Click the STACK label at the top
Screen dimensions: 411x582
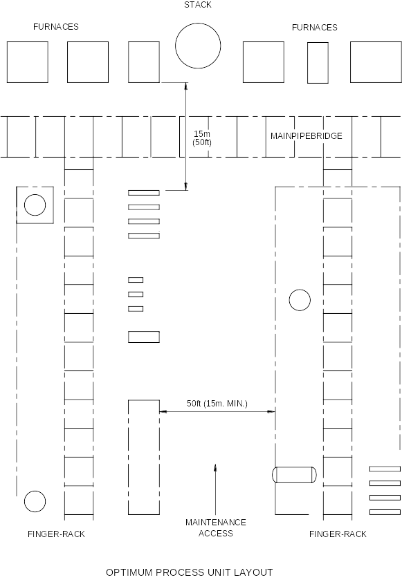[198, 5]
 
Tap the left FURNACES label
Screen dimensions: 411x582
[56, 27]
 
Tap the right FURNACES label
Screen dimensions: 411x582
[314, 28]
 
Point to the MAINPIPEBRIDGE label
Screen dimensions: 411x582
[307, 136]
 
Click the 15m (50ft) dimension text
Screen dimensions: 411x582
[202, 138]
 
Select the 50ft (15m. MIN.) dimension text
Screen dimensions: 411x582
[217, 404]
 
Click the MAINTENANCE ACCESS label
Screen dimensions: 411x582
[216, 528]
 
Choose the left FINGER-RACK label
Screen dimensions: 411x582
[56, 534]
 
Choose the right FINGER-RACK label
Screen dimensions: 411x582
[338, 534]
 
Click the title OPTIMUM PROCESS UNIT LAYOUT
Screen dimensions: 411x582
[189, 572]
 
